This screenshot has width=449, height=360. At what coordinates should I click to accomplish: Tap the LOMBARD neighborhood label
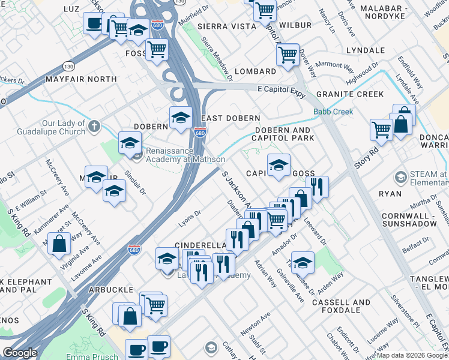pos(255,71)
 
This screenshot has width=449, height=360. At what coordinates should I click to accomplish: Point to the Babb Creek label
pos(333,112)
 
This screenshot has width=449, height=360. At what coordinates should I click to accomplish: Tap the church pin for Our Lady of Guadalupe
pos(92,127)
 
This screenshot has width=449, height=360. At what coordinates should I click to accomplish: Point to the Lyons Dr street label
pos(189,223)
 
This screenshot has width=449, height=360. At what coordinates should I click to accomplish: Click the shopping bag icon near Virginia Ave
pos(59,244)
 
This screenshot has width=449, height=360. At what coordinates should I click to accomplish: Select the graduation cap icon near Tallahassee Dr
pos(303,262)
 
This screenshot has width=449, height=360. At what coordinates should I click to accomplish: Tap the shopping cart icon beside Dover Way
pos(288,54)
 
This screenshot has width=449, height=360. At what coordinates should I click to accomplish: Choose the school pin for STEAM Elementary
pos(400,178)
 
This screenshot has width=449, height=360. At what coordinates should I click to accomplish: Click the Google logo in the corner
pos(20,353)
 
